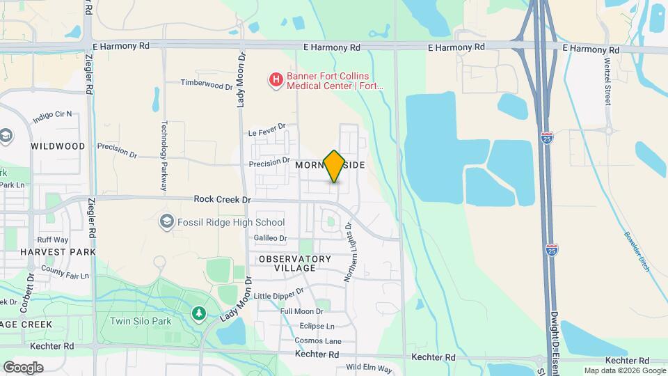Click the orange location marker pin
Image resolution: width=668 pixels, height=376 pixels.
tap(334, 165)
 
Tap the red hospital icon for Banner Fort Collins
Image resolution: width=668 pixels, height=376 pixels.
tap(276, 81)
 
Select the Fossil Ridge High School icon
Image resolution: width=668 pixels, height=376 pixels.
tap(166, 222)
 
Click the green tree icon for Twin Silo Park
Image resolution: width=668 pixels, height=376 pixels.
tap(199, 315)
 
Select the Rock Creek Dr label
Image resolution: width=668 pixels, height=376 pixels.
tap(222, 199)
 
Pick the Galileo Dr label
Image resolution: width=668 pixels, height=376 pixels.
tap(270, 238)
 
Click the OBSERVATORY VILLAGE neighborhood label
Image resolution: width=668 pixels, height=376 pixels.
tap(294, 263)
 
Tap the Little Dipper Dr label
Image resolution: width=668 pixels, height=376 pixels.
tap(279, 295)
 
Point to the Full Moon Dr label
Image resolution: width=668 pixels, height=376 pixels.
tap(301, 311)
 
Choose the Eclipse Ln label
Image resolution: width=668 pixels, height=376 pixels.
tap(317, 326)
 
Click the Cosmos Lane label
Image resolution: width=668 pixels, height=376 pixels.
tap(318, 340)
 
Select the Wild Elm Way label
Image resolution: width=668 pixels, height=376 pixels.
tap(369, 367)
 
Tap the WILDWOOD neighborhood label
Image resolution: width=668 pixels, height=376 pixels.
tap(58, 146)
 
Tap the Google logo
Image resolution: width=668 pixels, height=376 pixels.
tap(23, 367)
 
